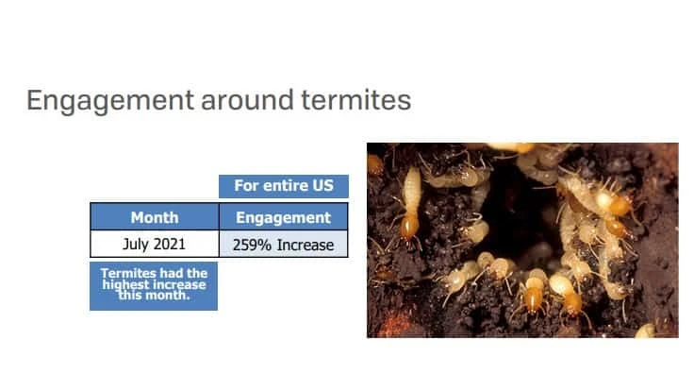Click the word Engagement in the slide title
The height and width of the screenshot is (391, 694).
(110, 101)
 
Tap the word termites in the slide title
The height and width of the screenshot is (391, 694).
(356, 100)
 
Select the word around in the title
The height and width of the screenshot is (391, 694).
(247, 100)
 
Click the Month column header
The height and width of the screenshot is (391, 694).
(155, 217)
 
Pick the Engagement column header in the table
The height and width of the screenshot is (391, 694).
(283, 217)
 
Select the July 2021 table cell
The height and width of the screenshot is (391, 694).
(155, 244)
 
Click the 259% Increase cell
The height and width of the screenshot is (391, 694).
(283, 245)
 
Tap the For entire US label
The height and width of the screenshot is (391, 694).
(284, 186)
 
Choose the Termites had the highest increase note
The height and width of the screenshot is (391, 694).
(154, 286)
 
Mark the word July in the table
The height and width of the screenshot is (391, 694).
(136, 245)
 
